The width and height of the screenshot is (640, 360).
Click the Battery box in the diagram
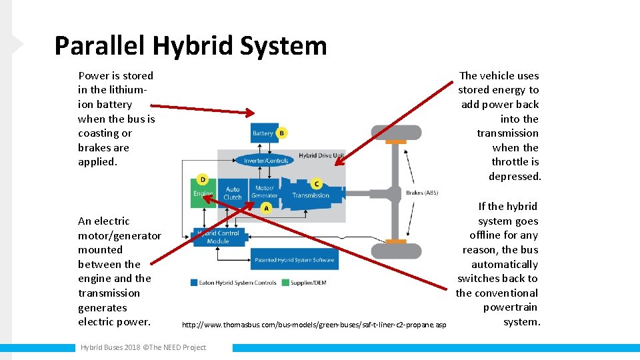[x=263, y=133]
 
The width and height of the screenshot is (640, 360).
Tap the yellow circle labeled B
[x=281, y=133]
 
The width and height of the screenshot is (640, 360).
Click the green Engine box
[x=203, y=193]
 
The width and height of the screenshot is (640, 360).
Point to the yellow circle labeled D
[x=203, y=179]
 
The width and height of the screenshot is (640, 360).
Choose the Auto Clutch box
[x=233, y=193]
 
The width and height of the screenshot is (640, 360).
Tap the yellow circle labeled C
[x=316, y=183]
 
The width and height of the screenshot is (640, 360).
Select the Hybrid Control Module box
[x=217, y=237]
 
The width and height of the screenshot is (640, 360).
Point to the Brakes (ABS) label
[x=422, y=193]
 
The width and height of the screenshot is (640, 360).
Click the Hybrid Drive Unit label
[x=321, y=155]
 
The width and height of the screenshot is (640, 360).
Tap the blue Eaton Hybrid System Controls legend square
[x=193, y=283]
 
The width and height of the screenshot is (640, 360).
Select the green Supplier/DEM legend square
[x=285, y=283]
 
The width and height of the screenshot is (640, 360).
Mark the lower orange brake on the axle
[x=396, y=241]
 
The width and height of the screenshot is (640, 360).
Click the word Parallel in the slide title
[x=100, y=46]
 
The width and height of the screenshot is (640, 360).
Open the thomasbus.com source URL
[x=314, y=325]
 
